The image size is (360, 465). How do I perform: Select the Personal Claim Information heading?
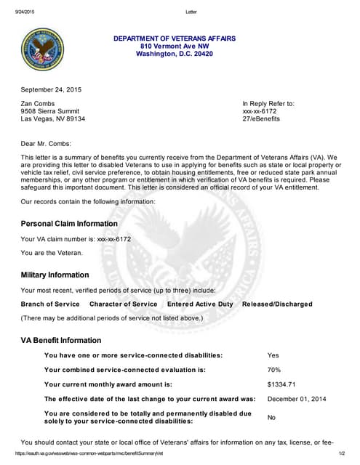click(x=69, y=224)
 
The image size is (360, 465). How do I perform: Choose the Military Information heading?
click(x=65, y=275)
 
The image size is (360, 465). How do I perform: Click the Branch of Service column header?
click(x=50, y=304)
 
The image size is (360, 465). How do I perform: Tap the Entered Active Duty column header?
click(x=200, y=304)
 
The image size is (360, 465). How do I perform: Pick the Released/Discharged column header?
click(x=277, y=304)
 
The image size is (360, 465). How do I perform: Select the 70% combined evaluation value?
click(x=275, y=370)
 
